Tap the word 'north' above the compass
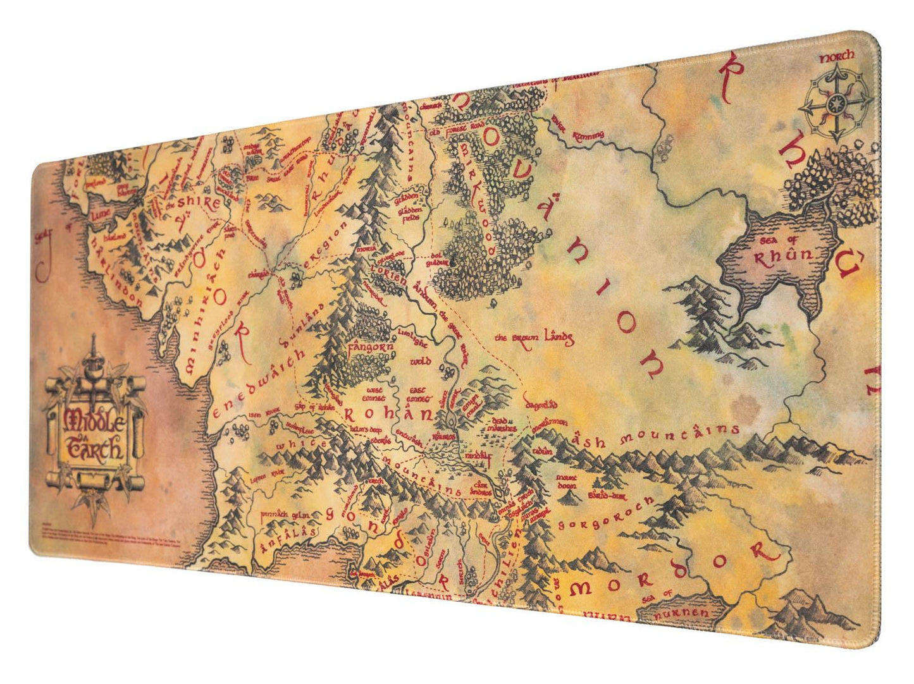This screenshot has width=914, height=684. (x=836, y=58)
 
